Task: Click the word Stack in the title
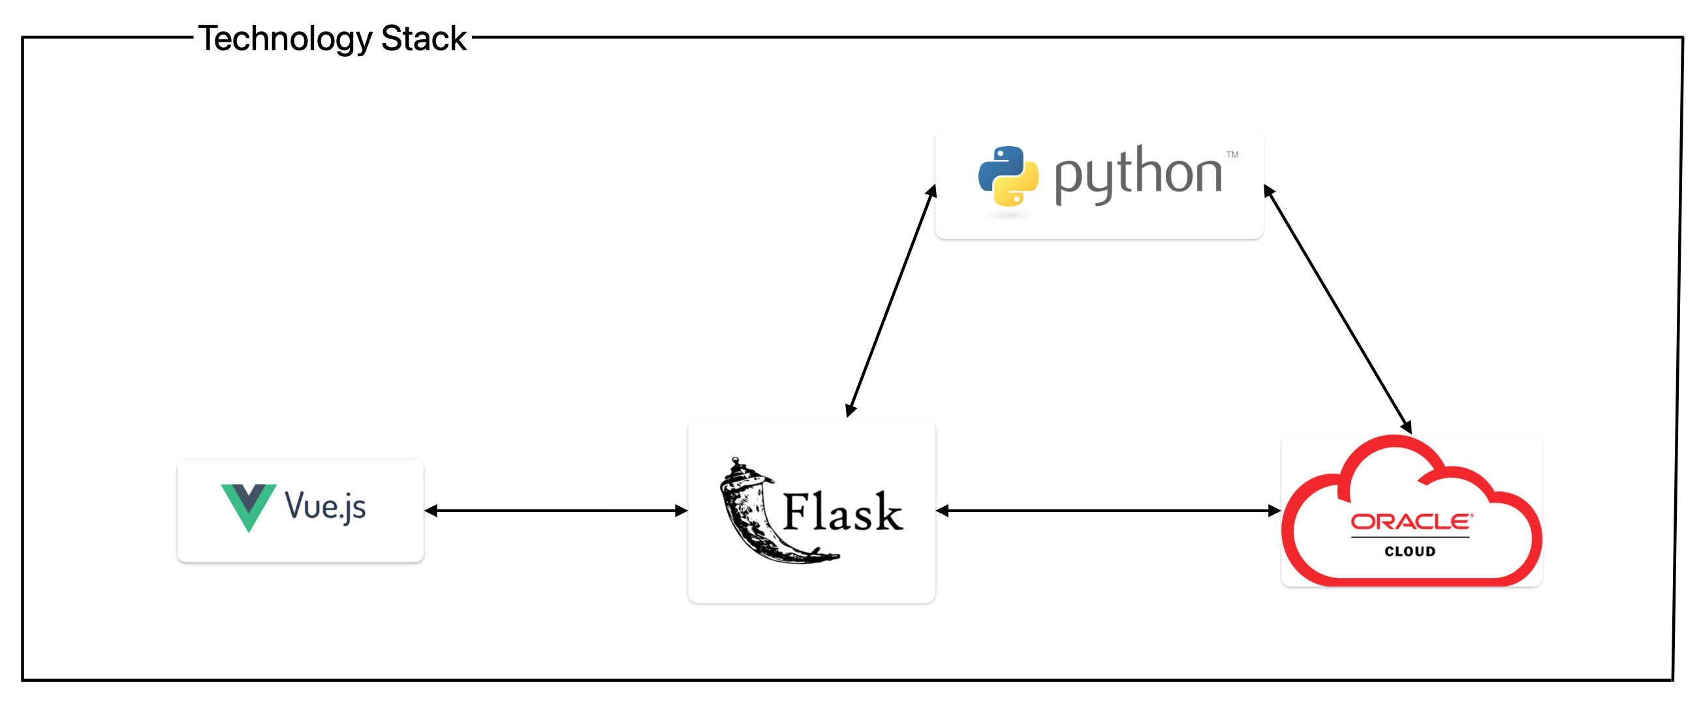(423, 38)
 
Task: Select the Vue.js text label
(325, 507)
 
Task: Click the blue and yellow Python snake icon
(1008, 177)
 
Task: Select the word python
(1137, 174)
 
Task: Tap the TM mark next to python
(1232, 155)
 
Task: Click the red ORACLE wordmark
(1411, 522)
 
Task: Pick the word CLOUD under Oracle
(1410, 551)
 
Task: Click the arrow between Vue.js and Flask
(556, 511)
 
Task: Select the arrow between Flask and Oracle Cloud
(1108, 511)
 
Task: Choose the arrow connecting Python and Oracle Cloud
(1337, 310)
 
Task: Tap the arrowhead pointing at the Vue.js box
(431, 511)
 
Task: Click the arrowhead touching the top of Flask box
(851, 410)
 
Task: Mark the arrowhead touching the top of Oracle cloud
(1407, 427)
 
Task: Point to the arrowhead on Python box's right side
(1268, 191)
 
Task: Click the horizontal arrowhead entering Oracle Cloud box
(1274, 511)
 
